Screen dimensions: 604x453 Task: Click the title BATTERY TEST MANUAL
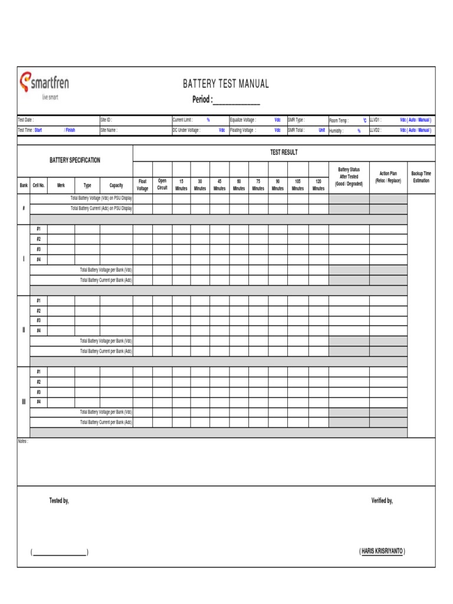pos(226,84)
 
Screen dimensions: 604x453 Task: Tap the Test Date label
pos(27,120)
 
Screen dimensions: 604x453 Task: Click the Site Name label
pos(109,130)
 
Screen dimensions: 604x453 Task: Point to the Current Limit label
pos(182,120)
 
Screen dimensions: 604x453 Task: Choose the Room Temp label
pos(339,120)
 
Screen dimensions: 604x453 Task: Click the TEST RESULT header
pos(284,152)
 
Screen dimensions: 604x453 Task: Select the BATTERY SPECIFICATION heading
pos(75,160)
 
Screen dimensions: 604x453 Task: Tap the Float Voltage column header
pos(143,185)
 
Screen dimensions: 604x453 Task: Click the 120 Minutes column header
pos(318,185)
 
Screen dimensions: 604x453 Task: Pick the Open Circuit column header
pos(162,184)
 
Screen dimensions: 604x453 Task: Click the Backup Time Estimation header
pos(421,177)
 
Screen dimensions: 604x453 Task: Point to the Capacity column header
pos(116,185)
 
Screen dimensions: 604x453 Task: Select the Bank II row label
pos(24,330)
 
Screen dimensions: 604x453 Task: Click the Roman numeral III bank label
pos(24,402)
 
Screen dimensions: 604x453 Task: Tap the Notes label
pos(24,441)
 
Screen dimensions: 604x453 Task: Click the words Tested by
pos(59,501)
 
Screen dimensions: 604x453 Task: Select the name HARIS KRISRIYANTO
pos(382,552)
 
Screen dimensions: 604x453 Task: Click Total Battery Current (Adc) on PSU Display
pos(101,208)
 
